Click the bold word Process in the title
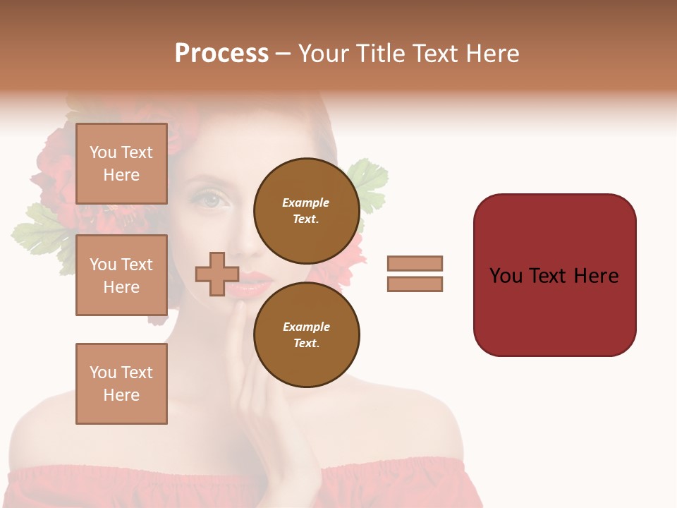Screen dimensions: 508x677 [x=221, y=54]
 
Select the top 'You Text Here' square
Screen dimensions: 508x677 [x=121, y=164]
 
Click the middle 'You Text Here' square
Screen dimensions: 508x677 [x=121, y=275]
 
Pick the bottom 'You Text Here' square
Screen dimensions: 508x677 [x=121, y=384]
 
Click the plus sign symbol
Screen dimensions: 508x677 [x=217, y=274]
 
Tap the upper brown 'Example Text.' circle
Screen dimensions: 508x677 [x=306, y=210]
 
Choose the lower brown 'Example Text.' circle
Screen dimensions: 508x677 [x=306, y=334]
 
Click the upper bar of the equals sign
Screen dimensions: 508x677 [x=415, y=263]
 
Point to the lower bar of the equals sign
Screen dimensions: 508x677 [x=415, y=284]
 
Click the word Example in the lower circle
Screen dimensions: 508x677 [x=306, y=327]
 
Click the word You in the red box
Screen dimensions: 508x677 [x=506, y=276]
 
